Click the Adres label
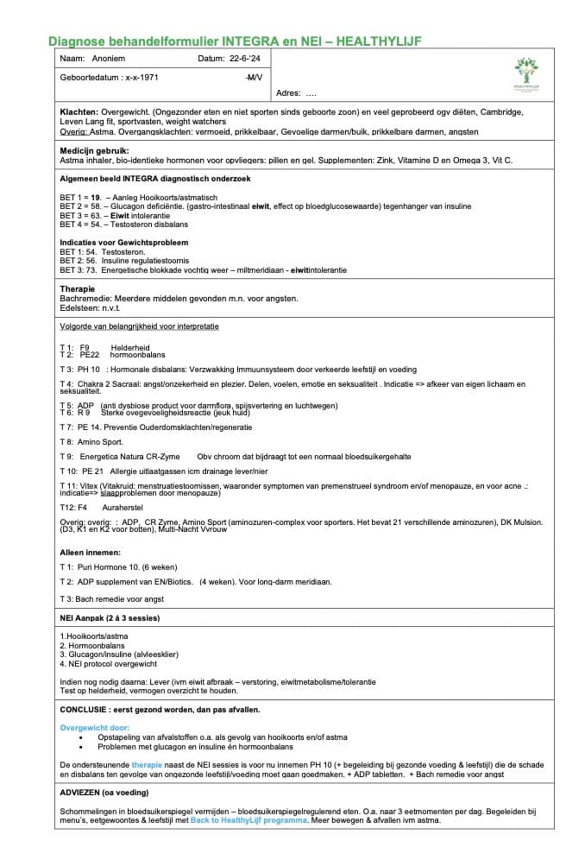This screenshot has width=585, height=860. (287, 93)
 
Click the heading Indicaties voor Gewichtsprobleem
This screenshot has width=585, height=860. (123, 243)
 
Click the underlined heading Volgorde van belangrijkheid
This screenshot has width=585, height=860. (139, 326)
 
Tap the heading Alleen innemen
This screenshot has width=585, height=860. (90, 552)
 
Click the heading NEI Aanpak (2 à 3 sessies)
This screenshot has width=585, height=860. (110, 618)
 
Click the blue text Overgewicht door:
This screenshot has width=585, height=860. (94, 727)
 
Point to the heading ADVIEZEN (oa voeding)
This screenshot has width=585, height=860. (104, 793)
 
